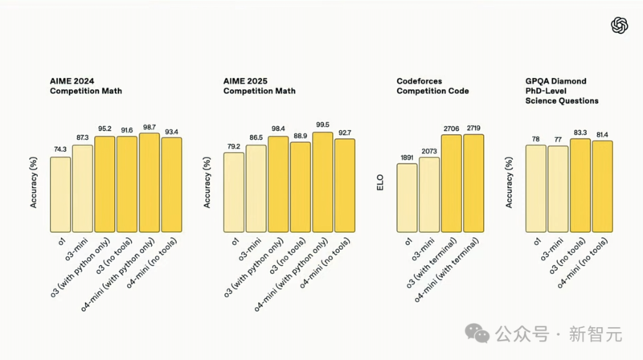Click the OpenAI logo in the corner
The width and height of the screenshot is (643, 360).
pyautogui.click(x=619, y=26)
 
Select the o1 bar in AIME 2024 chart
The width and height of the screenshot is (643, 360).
pyautogui.click(x=60, y=194)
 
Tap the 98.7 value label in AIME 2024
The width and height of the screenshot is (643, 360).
pyautogui.click(x=149, y=128)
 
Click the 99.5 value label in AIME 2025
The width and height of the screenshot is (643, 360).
pyautogui.click(x=322, y=125)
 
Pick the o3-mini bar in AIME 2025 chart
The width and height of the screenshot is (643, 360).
pyautogui.click(x=256, y=188)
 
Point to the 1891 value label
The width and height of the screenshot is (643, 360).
pyautogui.click(x=408, y=158)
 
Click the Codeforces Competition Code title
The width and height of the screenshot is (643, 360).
pyautogui.click(x=428, y=87)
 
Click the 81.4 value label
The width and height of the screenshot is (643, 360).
pyautogui.click(x=602, y=135)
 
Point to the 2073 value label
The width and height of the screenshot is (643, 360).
pyautogui.click(x=430, y=151)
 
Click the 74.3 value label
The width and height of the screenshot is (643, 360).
pyautogui.click(x=60, y=150)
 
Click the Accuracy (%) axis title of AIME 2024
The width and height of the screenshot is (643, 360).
pyautogui.click(x=34, y=182)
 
